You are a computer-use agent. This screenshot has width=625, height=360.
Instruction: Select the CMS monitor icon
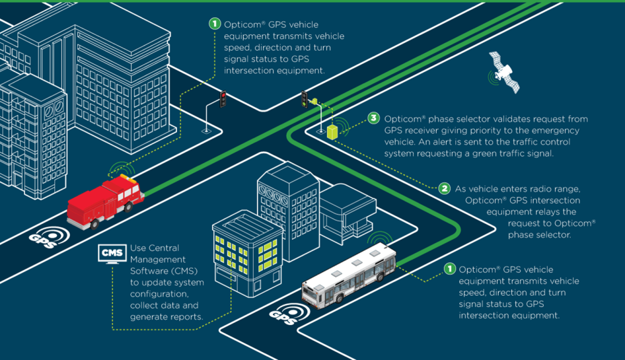pos(110,254)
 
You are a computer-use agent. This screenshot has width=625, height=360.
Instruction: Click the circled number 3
pos(374,119)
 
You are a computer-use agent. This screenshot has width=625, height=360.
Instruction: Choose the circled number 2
pos(445,188)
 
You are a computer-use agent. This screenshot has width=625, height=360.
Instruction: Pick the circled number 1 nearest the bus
pos(449,269)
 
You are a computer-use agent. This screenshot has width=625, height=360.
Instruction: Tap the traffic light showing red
pos(223,99)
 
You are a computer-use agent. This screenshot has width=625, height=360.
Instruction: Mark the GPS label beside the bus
pos(282,317)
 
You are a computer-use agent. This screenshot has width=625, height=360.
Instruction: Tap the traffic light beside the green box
pos(305,99)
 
